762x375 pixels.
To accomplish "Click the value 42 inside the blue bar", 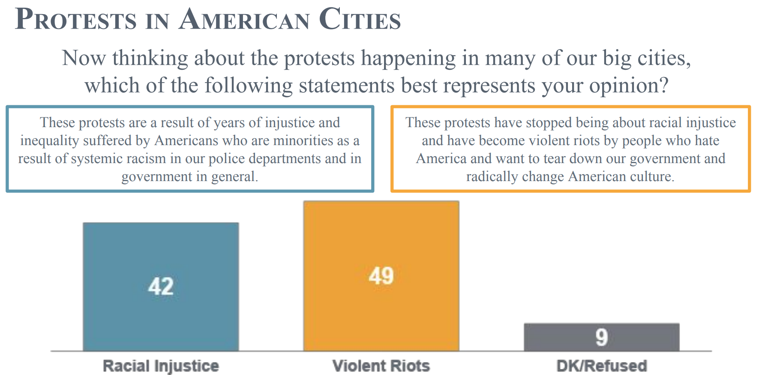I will pos(161,286).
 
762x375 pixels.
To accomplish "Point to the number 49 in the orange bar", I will pos(381,276).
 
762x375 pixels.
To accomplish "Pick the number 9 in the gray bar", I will pos(601,337).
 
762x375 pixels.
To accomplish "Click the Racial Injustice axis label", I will pos(161,366).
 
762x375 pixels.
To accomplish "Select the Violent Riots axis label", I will pos(381,366).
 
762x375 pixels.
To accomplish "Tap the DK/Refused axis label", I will pos(601,366).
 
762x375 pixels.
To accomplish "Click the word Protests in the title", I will pos(76,20).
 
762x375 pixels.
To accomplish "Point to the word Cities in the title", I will pos(360,20).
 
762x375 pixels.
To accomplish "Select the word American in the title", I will pos(244,20).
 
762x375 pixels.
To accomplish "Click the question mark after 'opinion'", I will pos(664,86).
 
